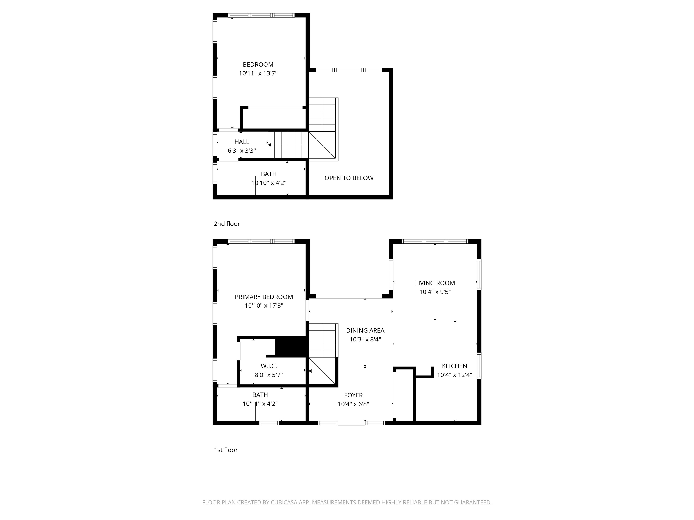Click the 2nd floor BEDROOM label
click(258, 65)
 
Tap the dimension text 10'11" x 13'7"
click(258, 73)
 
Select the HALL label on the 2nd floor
click(241, 142)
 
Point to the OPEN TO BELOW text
click(349, 178)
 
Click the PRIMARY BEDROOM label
click(264, 297)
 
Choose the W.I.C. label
click(269, 366)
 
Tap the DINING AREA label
click(365, 330)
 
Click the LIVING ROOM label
click(435, 283)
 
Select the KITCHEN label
click(454, 366)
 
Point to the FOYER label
click(353, 395)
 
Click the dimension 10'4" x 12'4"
click(454, 375)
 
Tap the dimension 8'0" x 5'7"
click(269, 375)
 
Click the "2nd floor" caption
click(227, 224)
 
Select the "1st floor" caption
click(226, 450)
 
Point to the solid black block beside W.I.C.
click(291, 347)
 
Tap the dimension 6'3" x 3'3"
click(241, 151)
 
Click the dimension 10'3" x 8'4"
click(365, 339)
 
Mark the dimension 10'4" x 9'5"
click(435, 292)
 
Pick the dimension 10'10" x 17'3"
click(264, 306)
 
